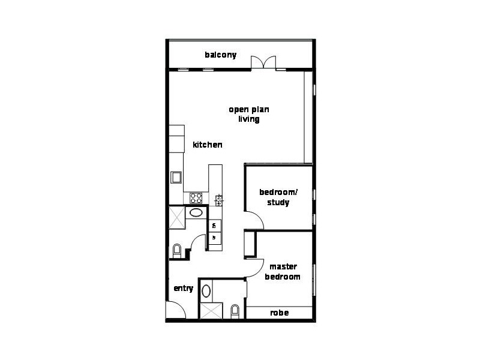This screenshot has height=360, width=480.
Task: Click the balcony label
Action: point(220,55)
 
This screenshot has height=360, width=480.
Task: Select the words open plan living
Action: point(248,114)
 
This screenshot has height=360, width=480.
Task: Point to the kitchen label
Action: point(208,145)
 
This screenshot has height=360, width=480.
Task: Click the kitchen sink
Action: point(176,177)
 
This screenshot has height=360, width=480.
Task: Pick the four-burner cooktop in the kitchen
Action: point(196,197)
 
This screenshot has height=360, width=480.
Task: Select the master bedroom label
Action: point(284,272)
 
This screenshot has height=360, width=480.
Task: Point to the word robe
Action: point(279,313)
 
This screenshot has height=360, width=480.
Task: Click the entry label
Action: point(183,289)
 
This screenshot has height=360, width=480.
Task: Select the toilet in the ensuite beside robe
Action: point(235,311)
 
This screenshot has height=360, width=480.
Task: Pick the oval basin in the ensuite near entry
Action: point(206,291)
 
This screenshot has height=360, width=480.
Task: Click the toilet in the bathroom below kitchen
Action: point(177,250)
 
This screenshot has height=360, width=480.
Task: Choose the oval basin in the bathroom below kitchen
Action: point(196,212)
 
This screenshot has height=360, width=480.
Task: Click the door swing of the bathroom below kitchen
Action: point(197,242)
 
